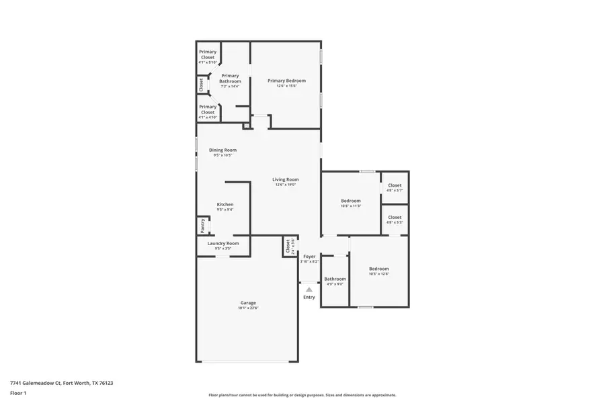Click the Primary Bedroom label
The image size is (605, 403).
point(286,81)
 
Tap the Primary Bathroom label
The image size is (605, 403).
point(230,79)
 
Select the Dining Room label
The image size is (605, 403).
point(223,150)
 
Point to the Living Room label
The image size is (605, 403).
point(286,179)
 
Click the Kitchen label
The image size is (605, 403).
point(225,204)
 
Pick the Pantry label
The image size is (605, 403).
point(202,225)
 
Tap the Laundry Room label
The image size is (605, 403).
point(223,243)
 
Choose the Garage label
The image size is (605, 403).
point(248,303)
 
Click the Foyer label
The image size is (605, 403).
point(309,256)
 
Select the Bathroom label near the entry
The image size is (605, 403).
point(335,279)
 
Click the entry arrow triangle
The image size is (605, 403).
point(309,289)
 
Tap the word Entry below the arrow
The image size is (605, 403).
point(309,297)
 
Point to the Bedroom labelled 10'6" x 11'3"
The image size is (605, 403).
point(350,201)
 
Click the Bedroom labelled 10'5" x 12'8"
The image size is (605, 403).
point(378,269)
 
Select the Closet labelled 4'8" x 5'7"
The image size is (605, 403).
point(395,185)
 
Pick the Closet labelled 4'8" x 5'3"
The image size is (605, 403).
point(395,217)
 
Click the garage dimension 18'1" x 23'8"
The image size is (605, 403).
point(248,308)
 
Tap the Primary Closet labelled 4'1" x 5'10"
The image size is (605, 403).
point(208,54)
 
